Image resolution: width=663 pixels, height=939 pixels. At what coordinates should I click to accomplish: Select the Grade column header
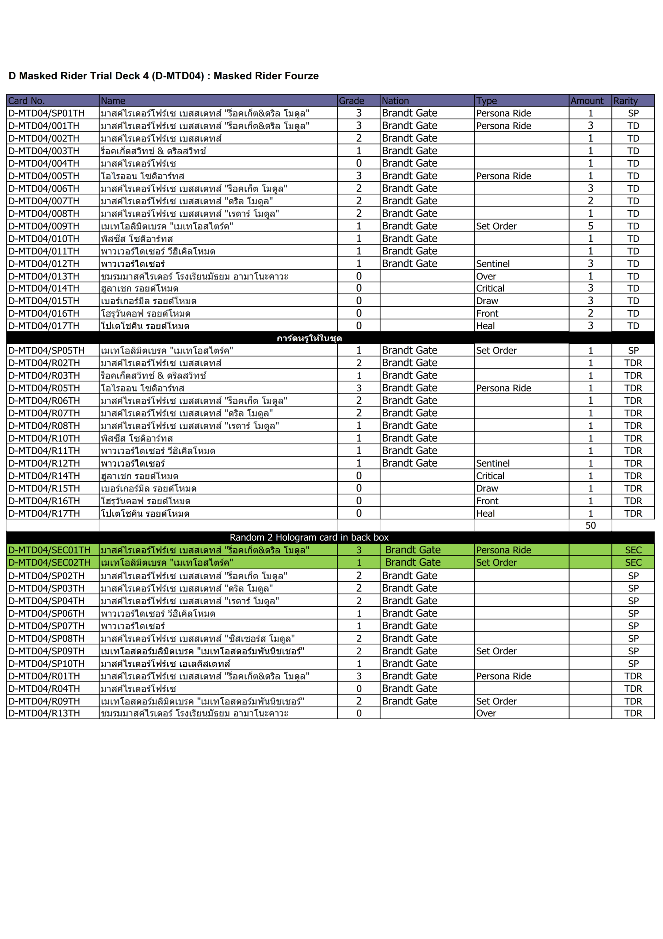pos(351,101)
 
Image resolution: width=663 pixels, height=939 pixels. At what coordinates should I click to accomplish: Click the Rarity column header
pos(625,101)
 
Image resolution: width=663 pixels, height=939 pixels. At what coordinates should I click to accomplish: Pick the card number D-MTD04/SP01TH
pos(46,113)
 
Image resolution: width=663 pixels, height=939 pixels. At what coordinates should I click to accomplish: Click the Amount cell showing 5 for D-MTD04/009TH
pos(590,226)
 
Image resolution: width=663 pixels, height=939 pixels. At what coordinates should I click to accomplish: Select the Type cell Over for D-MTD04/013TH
pos(486,277)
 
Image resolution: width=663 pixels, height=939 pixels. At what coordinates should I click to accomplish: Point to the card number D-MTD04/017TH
pos(44,326)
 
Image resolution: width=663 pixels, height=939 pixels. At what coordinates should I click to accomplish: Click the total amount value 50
pos(590,526)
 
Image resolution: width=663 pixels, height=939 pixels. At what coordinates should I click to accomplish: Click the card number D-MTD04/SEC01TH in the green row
pos(49,550)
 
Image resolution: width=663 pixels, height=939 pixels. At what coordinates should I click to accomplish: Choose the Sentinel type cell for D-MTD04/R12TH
pos(493,463)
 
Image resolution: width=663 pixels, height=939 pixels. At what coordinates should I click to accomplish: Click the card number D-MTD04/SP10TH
pos(46,664)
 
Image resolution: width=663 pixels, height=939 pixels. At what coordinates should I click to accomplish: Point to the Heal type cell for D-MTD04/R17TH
pos(485,514)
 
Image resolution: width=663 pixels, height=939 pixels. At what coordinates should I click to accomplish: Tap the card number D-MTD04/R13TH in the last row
pos(44,714)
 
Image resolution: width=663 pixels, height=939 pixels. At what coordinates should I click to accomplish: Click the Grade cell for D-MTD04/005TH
pos(358,176)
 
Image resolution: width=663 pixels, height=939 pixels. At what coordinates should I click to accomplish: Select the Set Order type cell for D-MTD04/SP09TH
pos(496,651)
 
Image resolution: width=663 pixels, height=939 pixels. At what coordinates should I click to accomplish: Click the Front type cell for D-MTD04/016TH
pos(487,314)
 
